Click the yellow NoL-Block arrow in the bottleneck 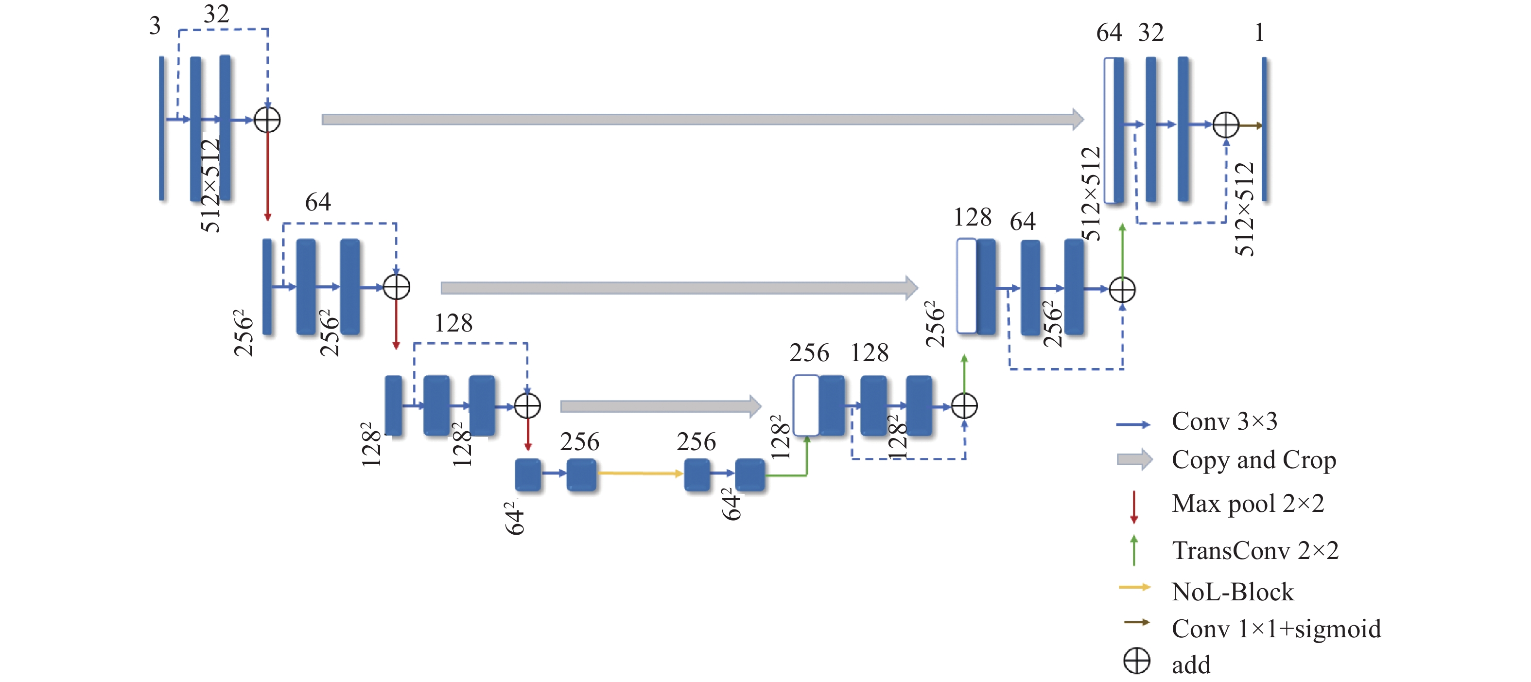641,473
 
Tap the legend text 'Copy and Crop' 1254,460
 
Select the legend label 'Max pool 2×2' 1248,504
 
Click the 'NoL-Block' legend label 1233,592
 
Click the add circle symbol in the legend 1137,661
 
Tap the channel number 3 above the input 155,26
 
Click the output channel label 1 1259,32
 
